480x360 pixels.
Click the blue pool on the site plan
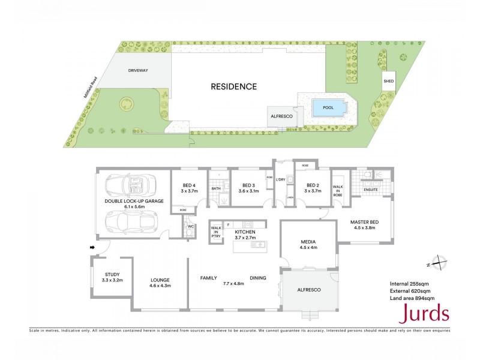(x=328, y=108)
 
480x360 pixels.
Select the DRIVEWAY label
(x=137, y=70)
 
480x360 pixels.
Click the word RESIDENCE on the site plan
(x=233, y=86)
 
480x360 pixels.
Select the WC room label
(x=190, y=227)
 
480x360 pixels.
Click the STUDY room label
(x=112, y=275)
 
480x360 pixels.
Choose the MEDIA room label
(x=308, y=242)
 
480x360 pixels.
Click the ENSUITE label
(x=371, y=190)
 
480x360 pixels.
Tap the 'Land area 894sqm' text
(x=412, y=298)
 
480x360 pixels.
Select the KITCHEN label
(x=245, y=232)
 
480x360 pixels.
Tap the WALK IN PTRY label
(x=216, y=232)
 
